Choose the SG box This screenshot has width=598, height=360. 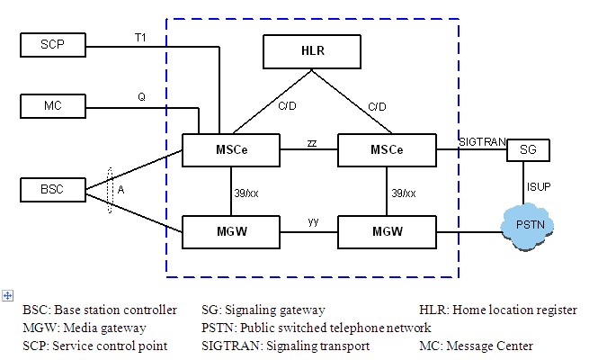[x=526, y=149]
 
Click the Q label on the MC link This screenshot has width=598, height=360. [x=141, y=96]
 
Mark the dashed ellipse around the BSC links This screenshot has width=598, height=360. [x=110, y=189]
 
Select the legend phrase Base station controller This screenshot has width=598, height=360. [x=113, y=310]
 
